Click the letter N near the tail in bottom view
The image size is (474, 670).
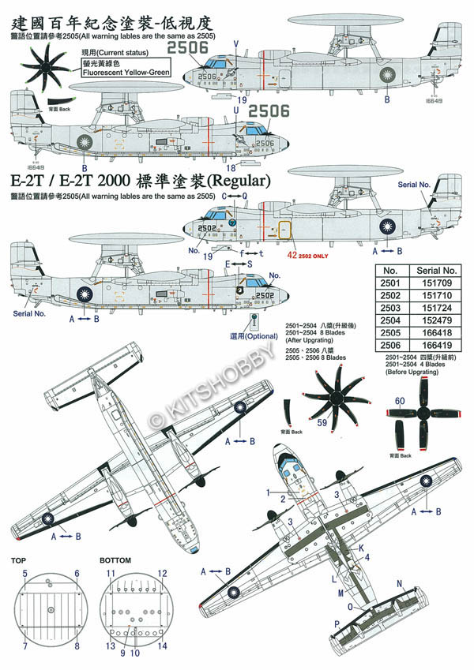[398, 585]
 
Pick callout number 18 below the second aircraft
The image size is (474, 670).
[230, 167]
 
